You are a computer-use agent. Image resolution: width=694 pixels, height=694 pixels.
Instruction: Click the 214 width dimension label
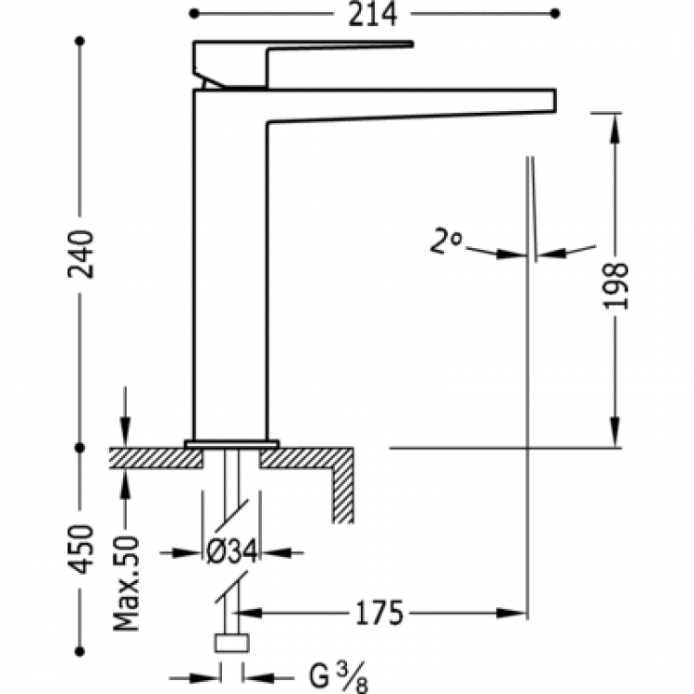(374, 15)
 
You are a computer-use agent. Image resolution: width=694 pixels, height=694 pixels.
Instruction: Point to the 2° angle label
(447, 242)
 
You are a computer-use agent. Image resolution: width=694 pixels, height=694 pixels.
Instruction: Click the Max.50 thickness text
(127, 583)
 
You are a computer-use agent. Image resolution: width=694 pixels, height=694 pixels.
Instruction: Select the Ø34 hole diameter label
(230, 552)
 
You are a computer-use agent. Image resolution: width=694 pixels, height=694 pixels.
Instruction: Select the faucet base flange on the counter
(231, 443)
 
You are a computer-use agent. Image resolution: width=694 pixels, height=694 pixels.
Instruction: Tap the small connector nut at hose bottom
(231, 645)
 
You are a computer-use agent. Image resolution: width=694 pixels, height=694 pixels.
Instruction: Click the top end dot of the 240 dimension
(81, 43)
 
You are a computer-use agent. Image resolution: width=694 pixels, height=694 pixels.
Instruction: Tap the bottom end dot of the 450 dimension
(81, 651)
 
